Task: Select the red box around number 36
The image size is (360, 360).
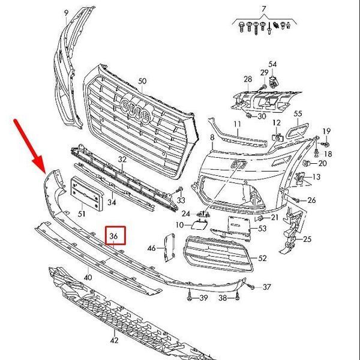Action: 115,235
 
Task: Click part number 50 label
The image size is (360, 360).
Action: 142,81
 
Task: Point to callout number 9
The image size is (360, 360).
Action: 66,13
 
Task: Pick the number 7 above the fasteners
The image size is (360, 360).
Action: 264,9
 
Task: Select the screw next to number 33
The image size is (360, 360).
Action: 179,190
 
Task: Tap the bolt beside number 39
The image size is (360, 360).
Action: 190,296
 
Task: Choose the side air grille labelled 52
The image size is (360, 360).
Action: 218,254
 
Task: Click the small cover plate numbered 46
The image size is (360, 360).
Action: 169,247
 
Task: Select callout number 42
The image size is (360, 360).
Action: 114,340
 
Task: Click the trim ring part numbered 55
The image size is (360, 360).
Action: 298,131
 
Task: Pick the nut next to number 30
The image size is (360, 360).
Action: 248,115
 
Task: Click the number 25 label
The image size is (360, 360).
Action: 307,239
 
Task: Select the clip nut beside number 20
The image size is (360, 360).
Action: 306,163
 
